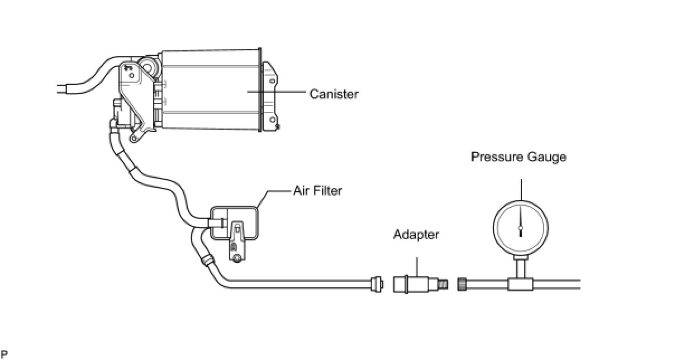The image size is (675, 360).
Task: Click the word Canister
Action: click(x=334, y=94)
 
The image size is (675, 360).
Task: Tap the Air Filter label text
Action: click(x=317, y=191)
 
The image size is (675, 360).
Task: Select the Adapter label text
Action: click(x=416, y=234)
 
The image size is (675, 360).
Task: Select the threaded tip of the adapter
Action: click(x=443, y=283)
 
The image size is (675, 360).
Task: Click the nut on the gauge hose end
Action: click(x=462, y=284)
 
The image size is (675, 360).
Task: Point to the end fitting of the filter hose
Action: click(x=378, y=283)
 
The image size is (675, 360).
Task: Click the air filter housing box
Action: click(x=249, y=224)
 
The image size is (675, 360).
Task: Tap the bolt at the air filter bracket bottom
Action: click(x=237, y=258)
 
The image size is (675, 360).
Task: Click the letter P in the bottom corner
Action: click(x=3, y=353)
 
